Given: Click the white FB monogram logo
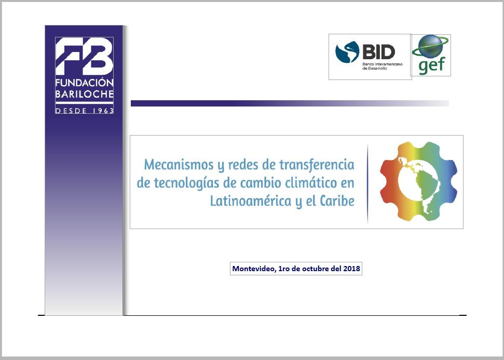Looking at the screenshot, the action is pos(84,56).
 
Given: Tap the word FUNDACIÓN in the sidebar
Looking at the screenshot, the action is pos(85,83).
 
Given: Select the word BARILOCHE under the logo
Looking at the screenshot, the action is pos(85,94).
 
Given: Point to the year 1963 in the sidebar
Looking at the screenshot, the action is pos(103,111).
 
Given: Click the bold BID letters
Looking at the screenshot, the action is pos(378,51).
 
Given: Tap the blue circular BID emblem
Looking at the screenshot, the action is pos(347,52).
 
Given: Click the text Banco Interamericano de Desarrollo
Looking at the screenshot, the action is pos(383,66).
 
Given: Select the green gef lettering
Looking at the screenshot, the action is pos(432,65).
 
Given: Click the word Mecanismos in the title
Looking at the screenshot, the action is pos(179,164).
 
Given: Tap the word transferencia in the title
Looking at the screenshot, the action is pos(317,164).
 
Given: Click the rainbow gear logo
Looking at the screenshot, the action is pos(418,181).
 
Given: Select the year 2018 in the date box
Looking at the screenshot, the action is pos(351,269).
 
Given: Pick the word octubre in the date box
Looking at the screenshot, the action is pos(315,269).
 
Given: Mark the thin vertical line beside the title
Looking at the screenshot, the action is pos(367,183).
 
